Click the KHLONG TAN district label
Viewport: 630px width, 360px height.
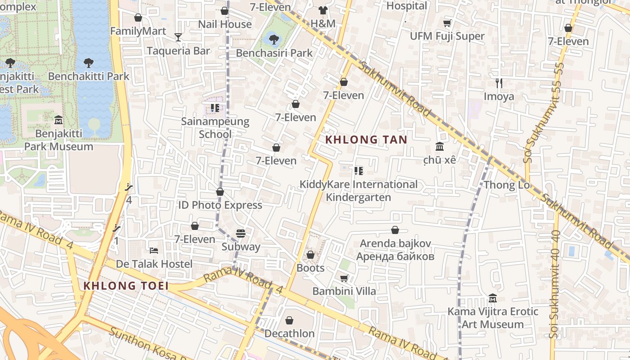point(366,139)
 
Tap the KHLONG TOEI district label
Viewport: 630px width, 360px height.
point(126,286)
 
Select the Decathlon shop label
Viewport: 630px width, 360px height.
point(289,333)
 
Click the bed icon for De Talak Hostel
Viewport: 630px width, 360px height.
point(154,250)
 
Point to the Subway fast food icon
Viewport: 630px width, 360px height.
point(241,234)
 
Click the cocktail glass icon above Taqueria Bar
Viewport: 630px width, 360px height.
point(178,37)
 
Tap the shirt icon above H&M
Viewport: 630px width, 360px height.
point(323,10)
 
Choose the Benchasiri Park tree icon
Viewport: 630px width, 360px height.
point(274,39)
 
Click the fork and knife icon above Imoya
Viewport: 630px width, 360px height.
point(499,83)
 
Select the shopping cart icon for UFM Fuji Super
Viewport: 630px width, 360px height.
point(447,23)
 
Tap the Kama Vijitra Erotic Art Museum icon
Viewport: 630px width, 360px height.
point(492,298)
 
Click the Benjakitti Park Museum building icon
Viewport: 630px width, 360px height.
point(58,120)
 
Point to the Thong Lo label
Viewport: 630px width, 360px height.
point(506,185)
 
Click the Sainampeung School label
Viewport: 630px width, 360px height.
point(215,128)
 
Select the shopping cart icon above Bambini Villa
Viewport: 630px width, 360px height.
point(344,278)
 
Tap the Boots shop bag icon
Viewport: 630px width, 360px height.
point(310,255)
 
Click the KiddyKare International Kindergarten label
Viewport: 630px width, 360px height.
point(359,191)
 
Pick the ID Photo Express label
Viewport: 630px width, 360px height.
point(220,205)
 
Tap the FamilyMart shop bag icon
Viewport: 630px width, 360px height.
point(138,18)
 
